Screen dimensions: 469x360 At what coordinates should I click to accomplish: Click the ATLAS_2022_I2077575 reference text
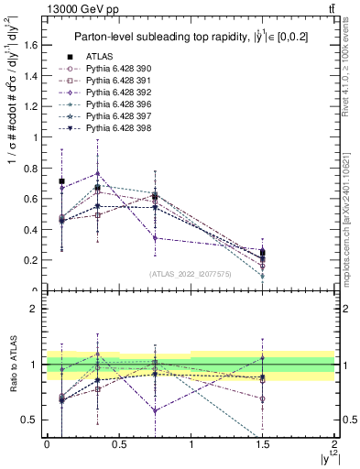191,274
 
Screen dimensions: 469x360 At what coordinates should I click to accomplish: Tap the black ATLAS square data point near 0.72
61,181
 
